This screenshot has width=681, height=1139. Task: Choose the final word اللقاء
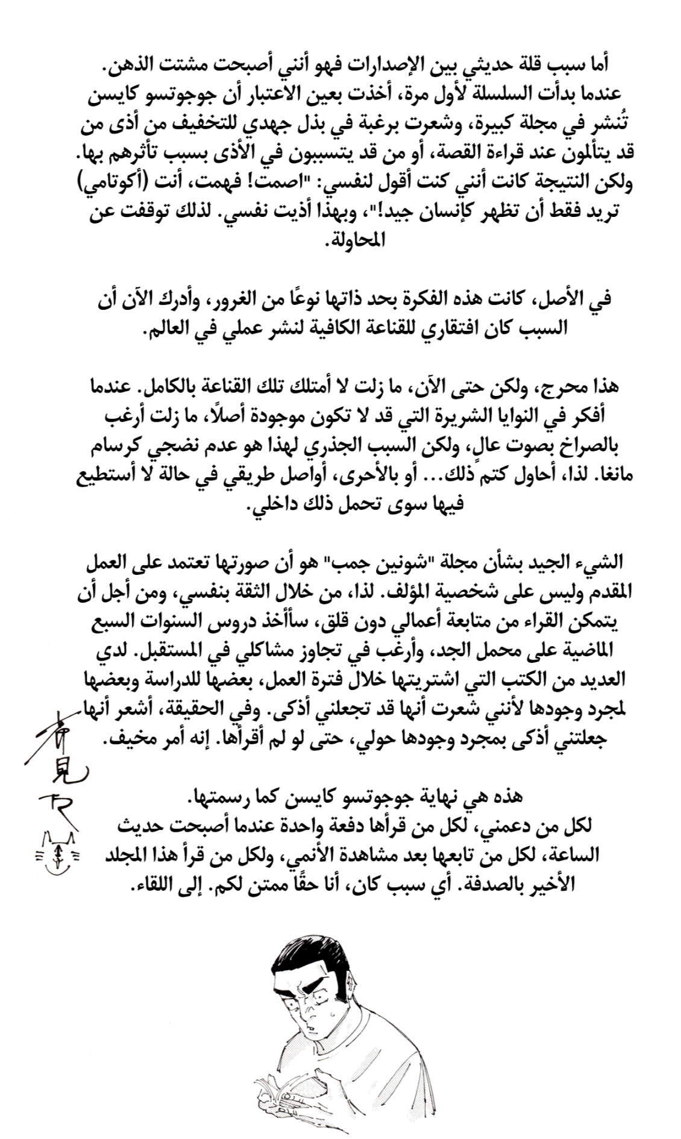pos(150,883)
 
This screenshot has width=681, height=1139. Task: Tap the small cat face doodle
pos(58,848)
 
